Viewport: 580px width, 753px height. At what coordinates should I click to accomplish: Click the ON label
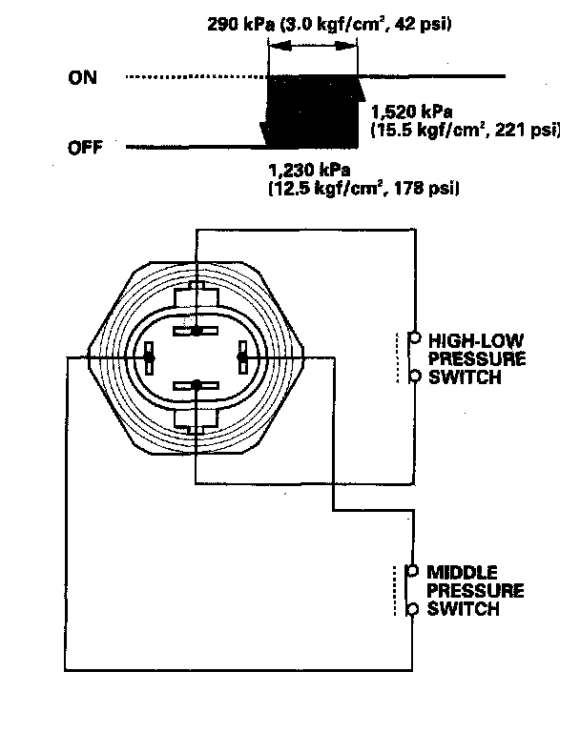point(82,78)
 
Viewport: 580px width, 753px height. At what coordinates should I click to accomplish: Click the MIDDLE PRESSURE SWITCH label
point(473,590)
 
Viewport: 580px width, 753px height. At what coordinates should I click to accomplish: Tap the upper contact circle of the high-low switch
point(414,337)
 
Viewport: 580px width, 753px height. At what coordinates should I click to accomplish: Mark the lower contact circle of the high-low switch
point(414,376)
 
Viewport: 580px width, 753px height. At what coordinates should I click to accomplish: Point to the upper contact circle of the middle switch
point(413,571)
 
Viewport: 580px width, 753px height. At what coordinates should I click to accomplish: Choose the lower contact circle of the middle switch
point(413,609)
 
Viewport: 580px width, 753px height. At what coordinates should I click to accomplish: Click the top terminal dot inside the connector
point(196,332)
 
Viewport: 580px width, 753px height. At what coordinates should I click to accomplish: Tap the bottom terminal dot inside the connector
point(196,385)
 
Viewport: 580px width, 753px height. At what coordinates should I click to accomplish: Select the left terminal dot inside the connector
point(150,358)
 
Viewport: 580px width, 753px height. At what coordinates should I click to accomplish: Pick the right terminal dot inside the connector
point(241,358)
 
